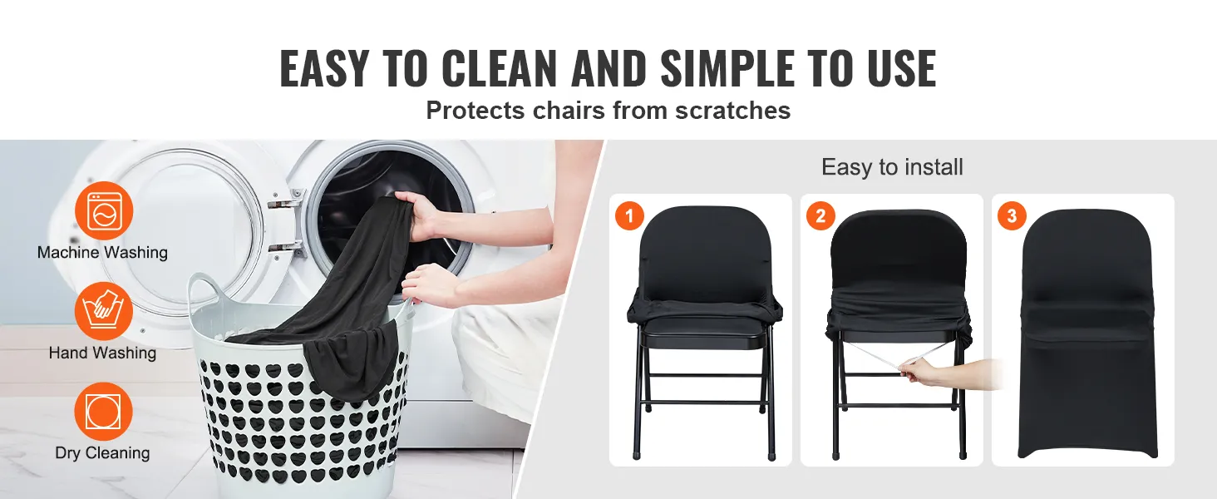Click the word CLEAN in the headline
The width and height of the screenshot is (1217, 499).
pos(500,68)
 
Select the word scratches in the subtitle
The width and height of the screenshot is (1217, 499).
pos(732,111)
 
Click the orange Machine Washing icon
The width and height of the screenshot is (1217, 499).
pos(104,210)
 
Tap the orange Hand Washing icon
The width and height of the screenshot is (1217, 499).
pos(104,311)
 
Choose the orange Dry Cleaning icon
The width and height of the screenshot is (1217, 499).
pos(104,412)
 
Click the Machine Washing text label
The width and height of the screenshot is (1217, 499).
pos(103,253)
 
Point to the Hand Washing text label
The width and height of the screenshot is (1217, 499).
pos(103,353)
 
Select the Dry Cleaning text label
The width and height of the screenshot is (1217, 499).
pos(103,453)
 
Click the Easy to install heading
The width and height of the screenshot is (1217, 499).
pos(892,167)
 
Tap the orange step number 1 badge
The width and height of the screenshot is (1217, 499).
pos(629,215)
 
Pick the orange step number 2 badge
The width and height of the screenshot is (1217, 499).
pos(821,215)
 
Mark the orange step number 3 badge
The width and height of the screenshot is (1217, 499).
pos(1013,215)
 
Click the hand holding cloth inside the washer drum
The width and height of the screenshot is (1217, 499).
pos(417,214)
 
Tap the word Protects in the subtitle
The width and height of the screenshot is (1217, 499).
pos(475,111)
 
